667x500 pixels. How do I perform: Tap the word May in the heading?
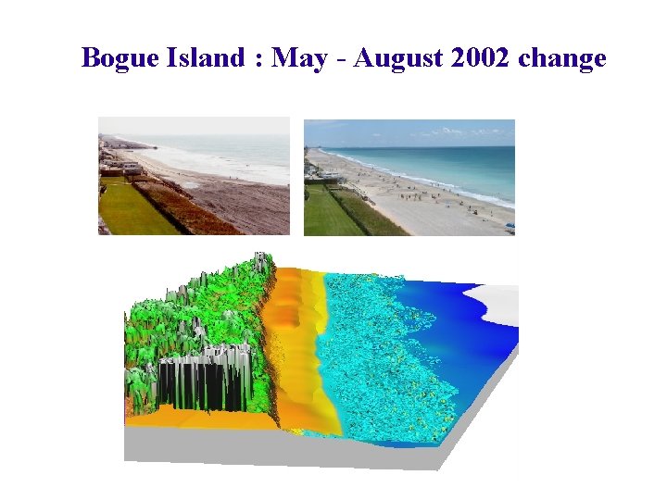(x=300, y=58)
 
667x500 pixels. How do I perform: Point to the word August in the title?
(x=397, y=58)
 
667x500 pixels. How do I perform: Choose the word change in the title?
(x=562, y=58)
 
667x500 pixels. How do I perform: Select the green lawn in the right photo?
(x=329, y=213)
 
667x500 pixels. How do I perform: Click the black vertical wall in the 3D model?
(x=199, y=384)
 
